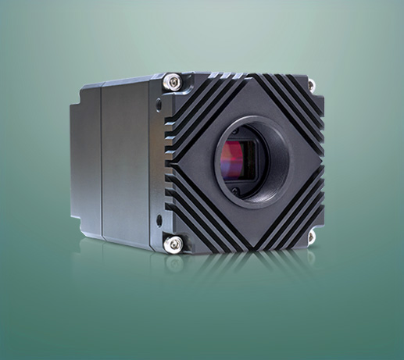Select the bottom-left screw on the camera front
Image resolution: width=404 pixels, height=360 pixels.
click(173, 244)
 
